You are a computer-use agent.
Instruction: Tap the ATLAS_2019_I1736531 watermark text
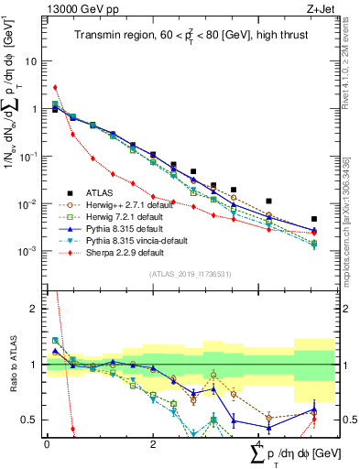pyautogui.click(x=189, y=273)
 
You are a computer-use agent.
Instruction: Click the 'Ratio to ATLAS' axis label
pyautogui.click(x=12, y=365)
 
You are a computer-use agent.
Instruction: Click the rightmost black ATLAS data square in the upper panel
pyautogui.click(x=314, y=220)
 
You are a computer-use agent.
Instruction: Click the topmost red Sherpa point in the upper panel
pyautogui.click(x=55, y=88)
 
